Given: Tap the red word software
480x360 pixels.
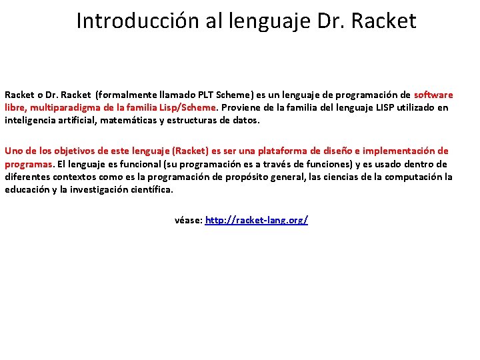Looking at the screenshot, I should click(x=433, y=95).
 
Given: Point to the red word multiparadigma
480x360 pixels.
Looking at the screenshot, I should click(x=63, y=107).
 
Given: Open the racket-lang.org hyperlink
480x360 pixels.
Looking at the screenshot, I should click(x=257, y=220).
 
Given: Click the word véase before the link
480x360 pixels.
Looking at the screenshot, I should click(x=187, y=220).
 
